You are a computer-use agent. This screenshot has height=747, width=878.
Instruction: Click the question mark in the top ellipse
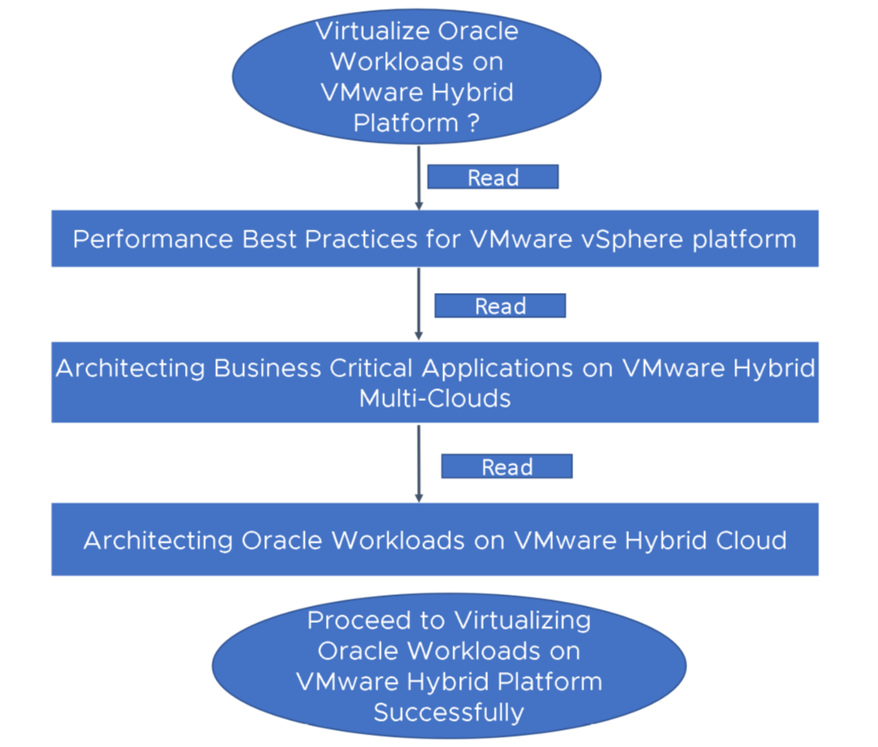(x=474, y=123)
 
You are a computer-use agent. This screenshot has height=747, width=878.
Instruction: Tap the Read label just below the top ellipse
(x=493, y=177)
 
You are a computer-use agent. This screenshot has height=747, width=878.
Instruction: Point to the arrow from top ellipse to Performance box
(x=419, y=177)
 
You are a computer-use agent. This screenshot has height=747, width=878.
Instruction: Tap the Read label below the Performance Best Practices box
(x=500, y=306)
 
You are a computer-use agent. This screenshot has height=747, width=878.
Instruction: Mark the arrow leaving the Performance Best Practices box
(x=419, y=304)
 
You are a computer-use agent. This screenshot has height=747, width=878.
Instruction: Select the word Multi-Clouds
(x=435, y=398)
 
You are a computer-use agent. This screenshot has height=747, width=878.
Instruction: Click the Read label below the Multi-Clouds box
(x=507, y=467)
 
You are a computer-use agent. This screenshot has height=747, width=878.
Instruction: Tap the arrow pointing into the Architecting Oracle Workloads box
(x=419, y=464)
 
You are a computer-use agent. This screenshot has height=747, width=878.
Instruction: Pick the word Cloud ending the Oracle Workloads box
(x=750, y=540)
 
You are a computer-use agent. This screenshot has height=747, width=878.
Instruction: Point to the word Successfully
(x=448, y=712)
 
